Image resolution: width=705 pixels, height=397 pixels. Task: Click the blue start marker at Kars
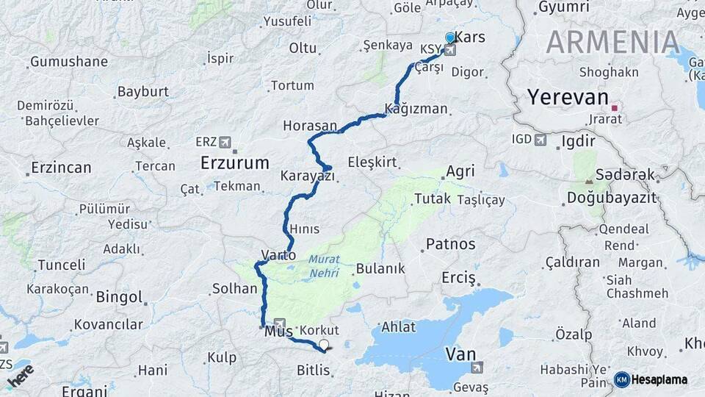(450, 37)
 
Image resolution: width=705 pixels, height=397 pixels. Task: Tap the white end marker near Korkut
(323, 344)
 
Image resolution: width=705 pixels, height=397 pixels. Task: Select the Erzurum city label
(235, 162)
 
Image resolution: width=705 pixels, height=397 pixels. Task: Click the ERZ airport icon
(224, 141)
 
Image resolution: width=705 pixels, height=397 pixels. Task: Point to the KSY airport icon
(449, 50)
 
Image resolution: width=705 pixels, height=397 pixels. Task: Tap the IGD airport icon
(540, 140)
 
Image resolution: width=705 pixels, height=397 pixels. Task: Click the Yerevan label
(568, 98)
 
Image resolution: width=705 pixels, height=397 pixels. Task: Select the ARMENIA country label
(612, 42)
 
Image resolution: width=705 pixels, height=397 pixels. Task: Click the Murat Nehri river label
(323, 266)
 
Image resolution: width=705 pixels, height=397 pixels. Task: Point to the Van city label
(460, 354)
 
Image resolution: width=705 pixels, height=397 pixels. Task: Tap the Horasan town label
(309, 126)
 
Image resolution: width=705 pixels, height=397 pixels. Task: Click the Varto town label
(278, 255)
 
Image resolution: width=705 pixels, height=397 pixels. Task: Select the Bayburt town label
(142, 92)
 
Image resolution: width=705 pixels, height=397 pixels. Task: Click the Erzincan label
(61, 168)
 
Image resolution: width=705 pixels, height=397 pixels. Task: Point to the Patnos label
(450, 243)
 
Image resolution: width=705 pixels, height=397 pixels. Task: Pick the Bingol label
(119, 297)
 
